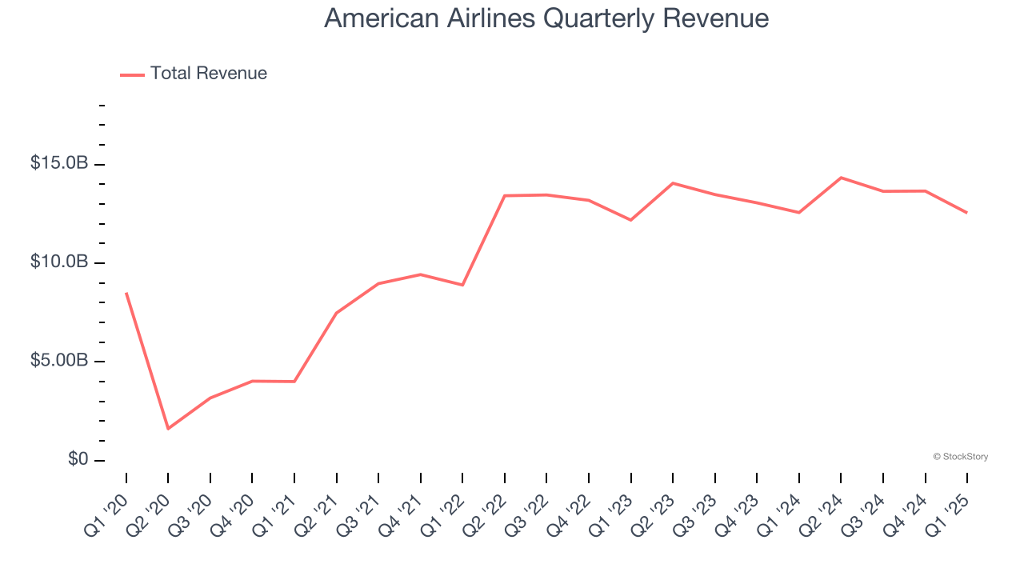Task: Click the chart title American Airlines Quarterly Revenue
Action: click(x=546, y=18)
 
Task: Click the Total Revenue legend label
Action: click(x=208, y=74)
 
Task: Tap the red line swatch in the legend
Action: click(x=132, y=74)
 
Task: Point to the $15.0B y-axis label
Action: click(x=59, y=163)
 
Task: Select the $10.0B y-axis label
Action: click(x=59, y=262)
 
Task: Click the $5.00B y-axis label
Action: click(x=59, y=361)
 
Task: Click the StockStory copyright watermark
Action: click(x=960, y=457)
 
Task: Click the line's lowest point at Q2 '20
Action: click(x=168, y=429)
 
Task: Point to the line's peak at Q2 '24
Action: click(x=841, y=178)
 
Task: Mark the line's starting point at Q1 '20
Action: click(x=126, y=294)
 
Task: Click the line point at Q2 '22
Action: click(x=505, y=195)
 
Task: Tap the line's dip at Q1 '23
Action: click(x=631, y=220)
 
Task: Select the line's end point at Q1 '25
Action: click(x=966, y=212)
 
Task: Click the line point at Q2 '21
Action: click(x=337, y=313)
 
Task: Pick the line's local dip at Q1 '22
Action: click(x=462, y=285)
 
